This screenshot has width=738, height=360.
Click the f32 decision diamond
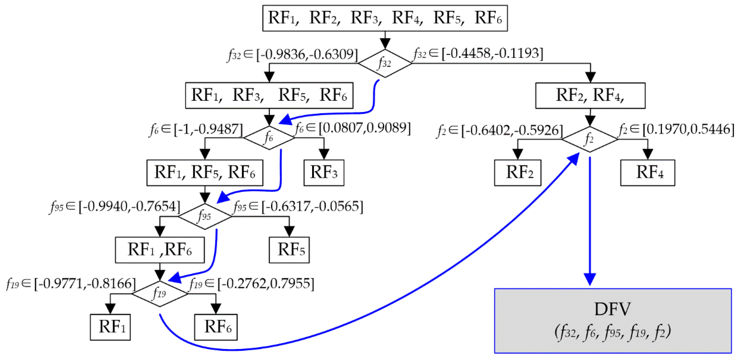point(385,63)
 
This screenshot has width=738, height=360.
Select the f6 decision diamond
point(269,138)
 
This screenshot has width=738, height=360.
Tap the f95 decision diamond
point(205,216)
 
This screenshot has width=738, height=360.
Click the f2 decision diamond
point(590,139)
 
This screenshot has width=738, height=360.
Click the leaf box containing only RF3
point(324,173)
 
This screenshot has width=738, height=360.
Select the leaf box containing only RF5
point(289,250)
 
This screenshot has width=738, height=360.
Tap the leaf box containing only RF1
point(110,327)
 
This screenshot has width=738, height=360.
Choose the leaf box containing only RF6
point(216,327)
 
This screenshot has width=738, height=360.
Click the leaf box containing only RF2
point(517,173)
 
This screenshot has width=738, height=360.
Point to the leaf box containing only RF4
point(647,173)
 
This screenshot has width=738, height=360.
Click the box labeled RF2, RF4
point(590,95)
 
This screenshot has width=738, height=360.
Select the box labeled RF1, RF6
point(159,250)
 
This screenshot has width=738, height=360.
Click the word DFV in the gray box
point(612,309)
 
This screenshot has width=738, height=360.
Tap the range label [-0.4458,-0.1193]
point(492,53)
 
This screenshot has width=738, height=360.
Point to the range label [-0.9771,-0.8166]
point(85,284)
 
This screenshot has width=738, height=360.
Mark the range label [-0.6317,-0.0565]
point(312,206)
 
